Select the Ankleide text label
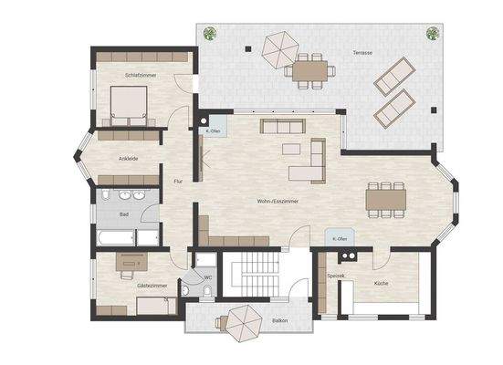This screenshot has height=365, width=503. tap(128, 158)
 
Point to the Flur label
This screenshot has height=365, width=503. tap(178, 181)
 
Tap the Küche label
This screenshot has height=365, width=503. tap(381, 284)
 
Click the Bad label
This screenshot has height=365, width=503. tap(123, 214)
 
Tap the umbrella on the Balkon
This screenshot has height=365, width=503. tap(244, 322)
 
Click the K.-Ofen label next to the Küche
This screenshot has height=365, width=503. tap(341, 238)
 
